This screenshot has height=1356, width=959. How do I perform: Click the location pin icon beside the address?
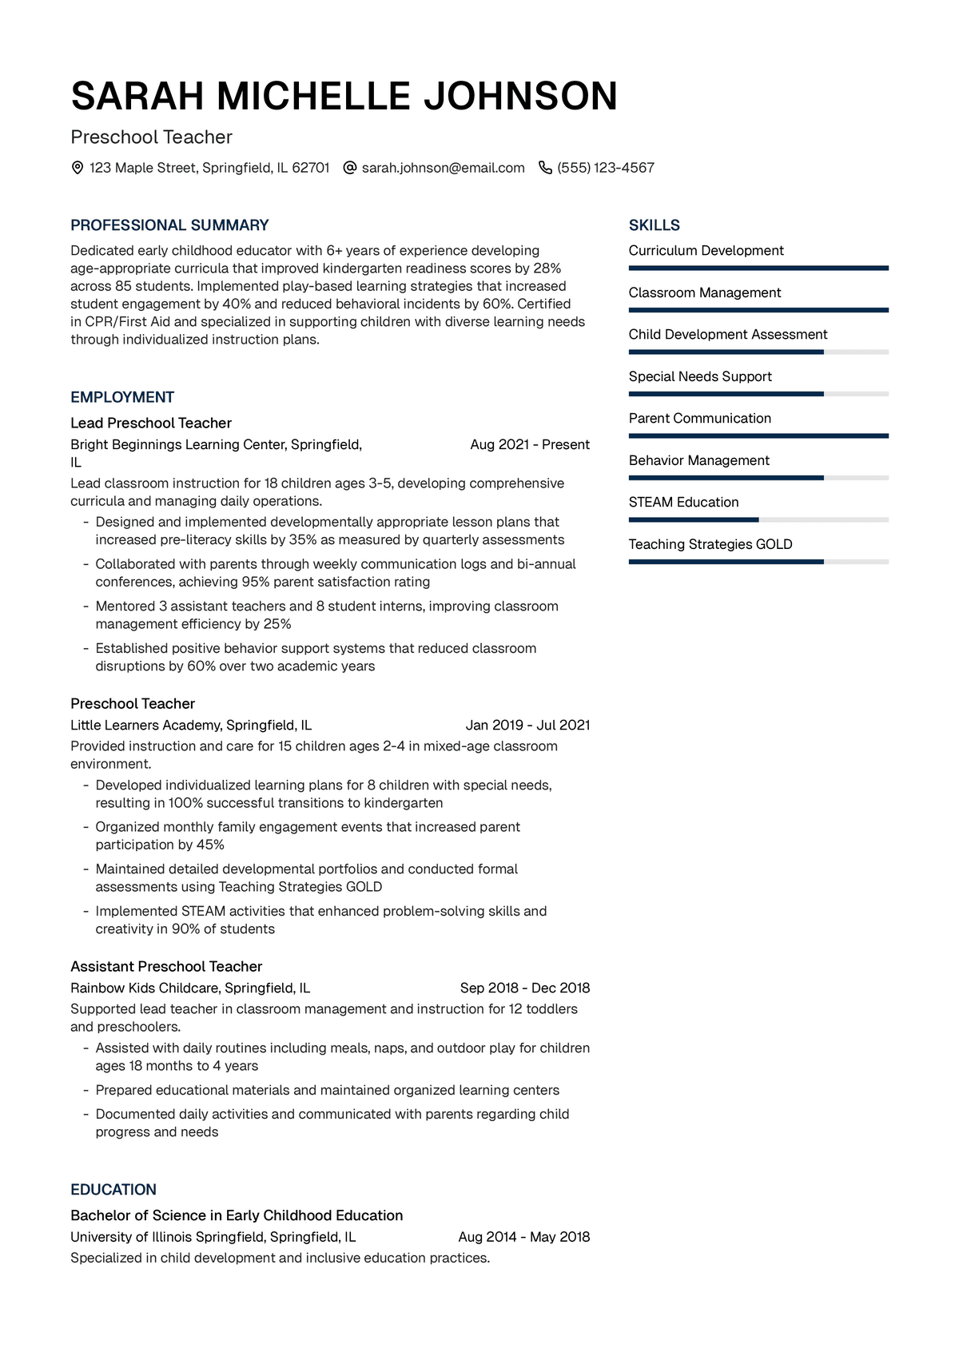(x=78, y=168)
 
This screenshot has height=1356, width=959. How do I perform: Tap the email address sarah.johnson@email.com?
(x=443, y=168)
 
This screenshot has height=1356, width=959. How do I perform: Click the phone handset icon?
(x=545, y=168)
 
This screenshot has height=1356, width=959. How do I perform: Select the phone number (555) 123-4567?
(x=606, y=168)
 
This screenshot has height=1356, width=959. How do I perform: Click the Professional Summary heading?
(x=169, y=225)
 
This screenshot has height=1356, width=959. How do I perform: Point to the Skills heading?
(x=654, y=225)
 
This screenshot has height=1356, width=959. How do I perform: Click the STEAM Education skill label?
(x=683, y=503)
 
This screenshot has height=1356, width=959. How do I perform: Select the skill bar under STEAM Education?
(x=758, y=520)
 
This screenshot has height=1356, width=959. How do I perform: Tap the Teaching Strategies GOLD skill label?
(x=710, y=544)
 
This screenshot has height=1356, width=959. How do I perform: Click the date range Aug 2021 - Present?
(x=530, y=445)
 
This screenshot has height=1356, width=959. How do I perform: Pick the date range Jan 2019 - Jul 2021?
(x=527, y=726)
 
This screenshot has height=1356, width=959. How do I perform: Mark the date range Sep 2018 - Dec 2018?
(x=524, y=988)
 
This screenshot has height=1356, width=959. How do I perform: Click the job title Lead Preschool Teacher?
(x=151, y=424)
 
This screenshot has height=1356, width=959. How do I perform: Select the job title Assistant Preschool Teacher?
(x=166, y=967)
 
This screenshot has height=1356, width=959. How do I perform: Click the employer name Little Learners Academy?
(x=145, y=726)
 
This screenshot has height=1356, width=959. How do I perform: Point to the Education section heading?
(x=113, y=1190)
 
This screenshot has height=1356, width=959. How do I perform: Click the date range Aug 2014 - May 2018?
(x=523, y=1237)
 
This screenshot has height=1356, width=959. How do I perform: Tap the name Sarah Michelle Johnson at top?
(x=344, y=96)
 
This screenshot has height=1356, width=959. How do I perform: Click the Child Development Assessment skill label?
(x=727, y=335)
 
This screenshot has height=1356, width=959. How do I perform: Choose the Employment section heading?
(x=122, y=397)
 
